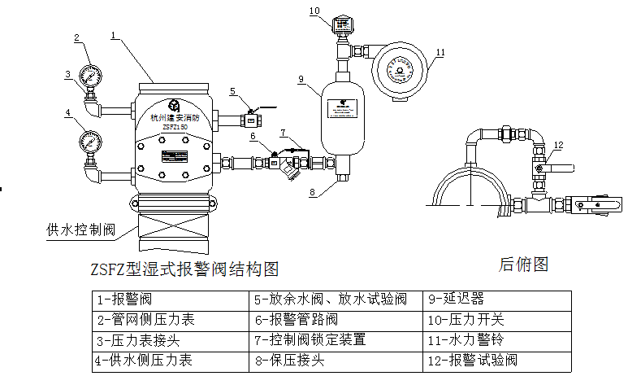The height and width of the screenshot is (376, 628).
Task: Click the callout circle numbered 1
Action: tap(115, 36)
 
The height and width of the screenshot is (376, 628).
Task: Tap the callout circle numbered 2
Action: tap(77, 37)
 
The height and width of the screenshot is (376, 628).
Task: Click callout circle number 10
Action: tap(314, 11)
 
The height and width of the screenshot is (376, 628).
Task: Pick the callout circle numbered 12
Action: tap(557, 146)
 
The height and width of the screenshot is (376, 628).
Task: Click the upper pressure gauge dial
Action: tap(90, 77)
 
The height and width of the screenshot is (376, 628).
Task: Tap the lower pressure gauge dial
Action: tap(88, 142)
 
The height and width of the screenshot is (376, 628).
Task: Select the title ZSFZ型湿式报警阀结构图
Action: tap(186, 268)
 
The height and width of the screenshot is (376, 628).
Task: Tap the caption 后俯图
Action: tap(524, 264)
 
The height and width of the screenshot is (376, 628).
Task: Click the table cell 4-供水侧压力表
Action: tap(145, 360)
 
